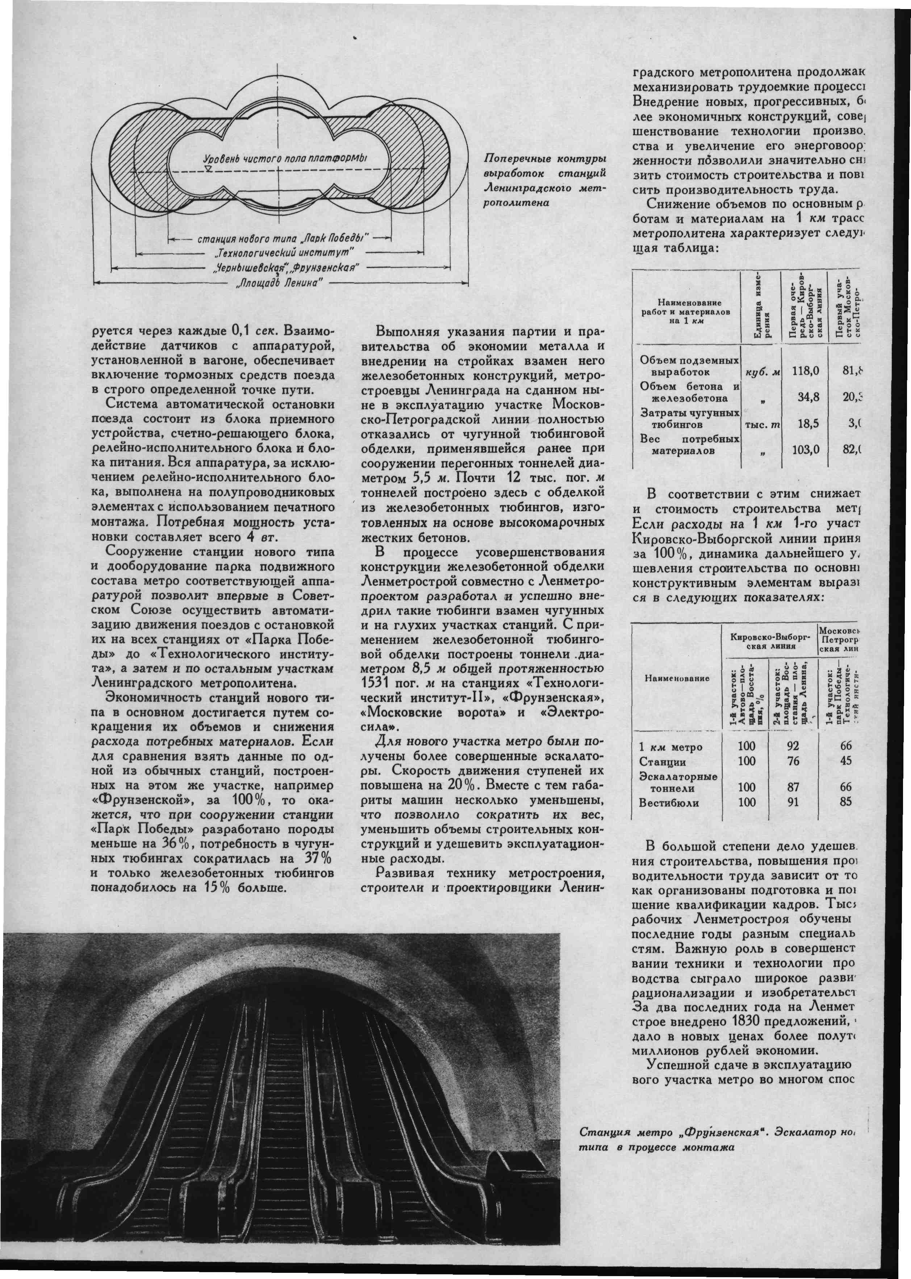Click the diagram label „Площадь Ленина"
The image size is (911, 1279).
pyautogui.click(x=279, y=281)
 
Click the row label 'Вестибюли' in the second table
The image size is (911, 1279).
pyautogui.click(x=669, y=803)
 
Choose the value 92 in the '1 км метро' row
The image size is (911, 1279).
pyautogui.click(x=793, y=746)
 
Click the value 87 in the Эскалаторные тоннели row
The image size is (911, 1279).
pyautogui.click(x=793, y=787)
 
